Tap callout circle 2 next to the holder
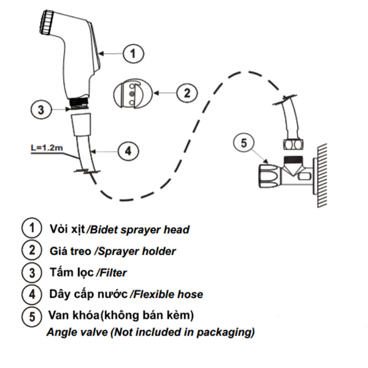point(186,93)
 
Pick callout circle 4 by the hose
point(127,150)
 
